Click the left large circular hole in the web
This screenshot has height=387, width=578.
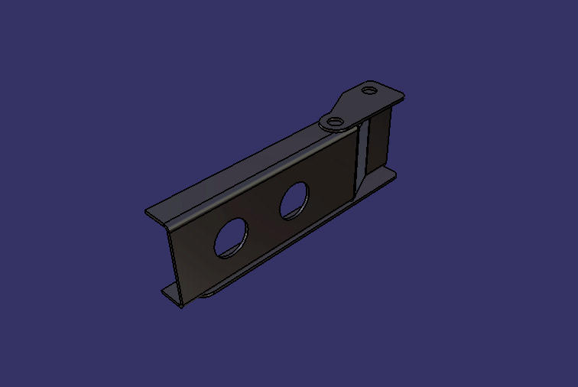[x=230, y=237]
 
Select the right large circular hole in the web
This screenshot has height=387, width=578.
[x=294, y=201]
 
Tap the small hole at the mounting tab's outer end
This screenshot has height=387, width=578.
[x=370, y=89]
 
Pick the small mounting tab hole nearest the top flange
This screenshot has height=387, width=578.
[x=334, y=121]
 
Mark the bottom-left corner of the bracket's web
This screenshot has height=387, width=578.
[x=181, y=305]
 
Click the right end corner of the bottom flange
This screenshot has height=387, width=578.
[x=395, y=174]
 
